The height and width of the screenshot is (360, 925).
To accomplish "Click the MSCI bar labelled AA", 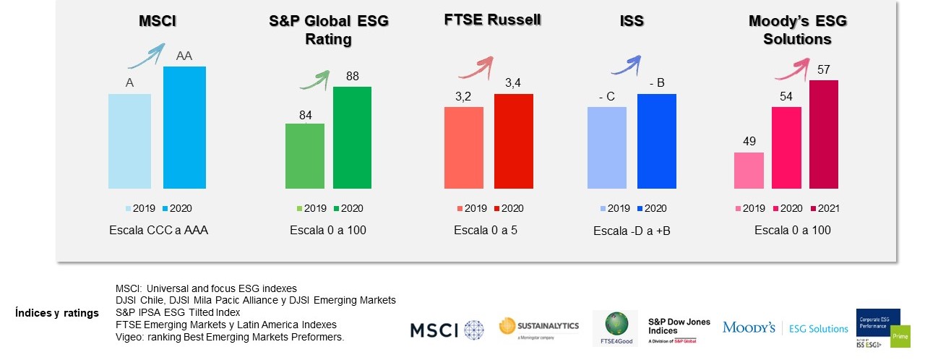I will click(x=185, y=127).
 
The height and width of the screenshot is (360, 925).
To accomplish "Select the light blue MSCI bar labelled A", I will click(x=129, y=141).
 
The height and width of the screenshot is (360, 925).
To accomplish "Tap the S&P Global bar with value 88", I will click(x=352, y=137).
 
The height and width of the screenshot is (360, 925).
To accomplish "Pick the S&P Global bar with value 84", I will click(x=304, y=156).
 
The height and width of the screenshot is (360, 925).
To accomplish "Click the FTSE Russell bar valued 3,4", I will click(x=513, y=141).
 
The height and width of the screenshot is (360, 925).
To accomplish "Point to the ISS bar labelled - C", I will click(x=607, y=147).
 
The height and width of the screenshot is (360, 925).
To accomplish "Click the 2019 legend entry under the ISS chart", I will click(x=614, y=209).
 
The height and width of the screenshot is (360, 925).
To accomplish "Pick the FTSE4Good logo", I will click(x=616, y=329).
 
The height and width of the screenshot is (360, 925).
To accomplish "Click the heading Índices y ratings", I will click(x=56, y=313).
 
